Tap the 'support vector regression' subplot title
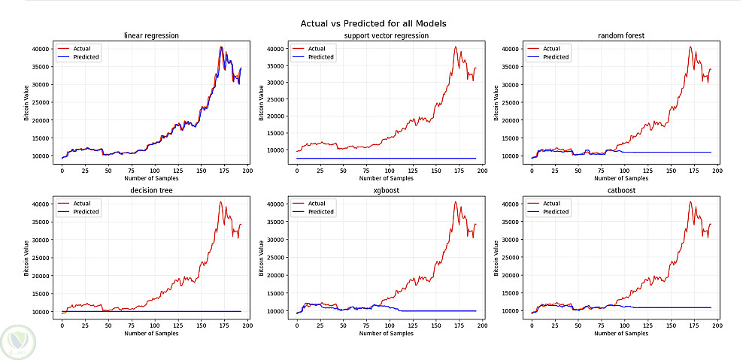point(386,35)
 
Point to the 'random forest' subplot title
point(621,35)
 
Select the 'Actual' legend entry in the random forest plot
point(551,49)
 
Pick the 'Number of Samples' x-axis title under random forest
point(621,179)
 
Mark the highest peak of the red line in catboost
point(690,201)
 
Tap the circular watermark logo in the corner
point(17,340)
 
